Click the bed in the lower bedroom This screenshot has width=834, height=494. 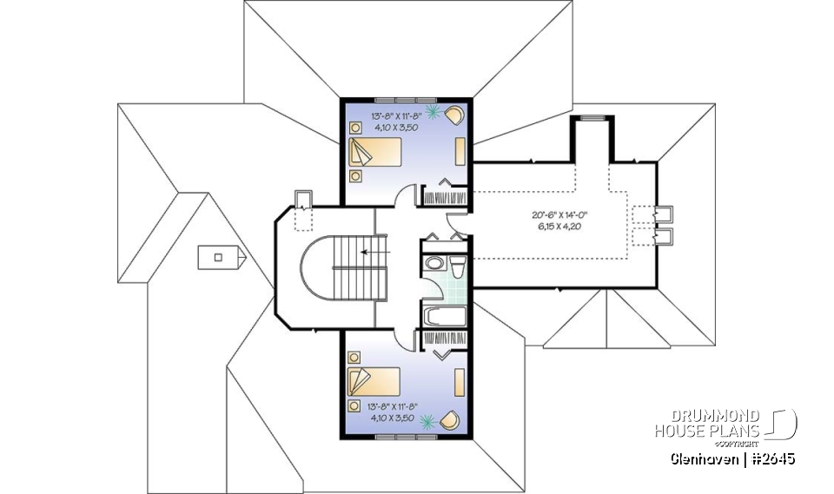374,380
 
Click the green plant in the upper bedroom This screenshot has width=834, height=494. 431,110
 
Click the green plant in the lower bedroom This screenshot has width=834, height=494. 427,422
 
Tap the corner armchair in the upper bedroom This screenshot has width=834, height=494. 455,114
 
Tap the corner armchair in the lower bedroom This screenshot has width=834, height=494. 451,420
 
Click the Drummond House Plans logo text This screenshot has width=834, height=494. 708,424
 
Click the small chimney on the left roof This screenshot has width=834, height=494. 220,255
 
